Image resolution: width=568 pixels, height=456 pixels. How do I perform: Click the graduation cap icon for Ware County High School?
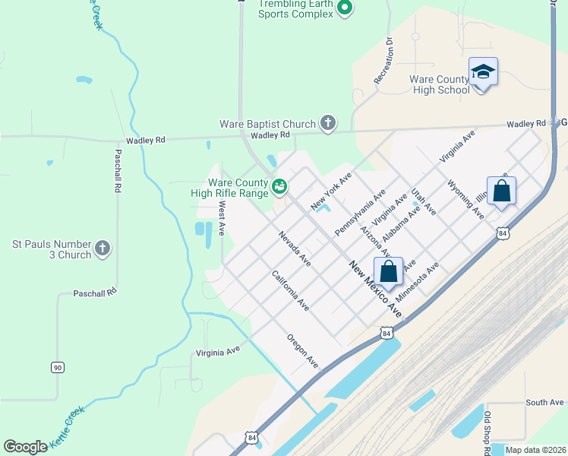pos(483,72)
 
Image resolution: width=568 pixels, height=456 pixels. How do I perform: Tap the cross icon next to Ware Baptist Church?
pos(328,123)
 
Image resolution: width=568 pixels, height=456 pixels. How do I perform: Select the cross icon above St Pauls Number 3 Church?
pos(103,248)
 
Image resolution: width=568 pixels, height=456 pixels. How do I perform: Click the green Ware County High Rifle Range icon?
pos(279,185)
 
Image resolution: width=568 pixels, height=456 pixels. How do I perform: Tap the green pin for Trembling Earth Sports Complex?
pos(345,8)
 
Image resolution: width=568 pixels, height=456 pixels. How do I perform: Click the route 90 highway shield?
pos(58,367)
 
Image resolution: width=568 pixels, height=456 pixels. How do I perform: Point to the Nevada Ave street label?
pos(294,249)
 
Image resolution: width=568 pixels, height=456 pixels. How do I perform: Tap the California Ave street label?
pos(291,290)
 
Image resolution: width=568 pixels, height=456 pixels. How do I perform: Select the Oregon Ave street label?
pos(302,351)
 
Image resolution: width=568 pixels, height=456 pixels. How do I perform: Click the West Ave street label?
pos(222,219)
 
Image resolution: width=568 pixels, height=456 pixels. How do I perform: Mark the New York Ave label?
pos(331,192)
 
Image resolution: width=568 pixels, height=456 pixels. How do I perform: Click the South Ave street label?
pos(544,402)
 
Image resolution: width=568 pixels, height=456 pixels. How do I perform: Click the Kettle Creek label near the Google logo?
pos(68,427)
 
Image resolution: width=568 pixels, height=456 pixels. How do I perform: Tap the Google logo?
pos(25,447)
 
